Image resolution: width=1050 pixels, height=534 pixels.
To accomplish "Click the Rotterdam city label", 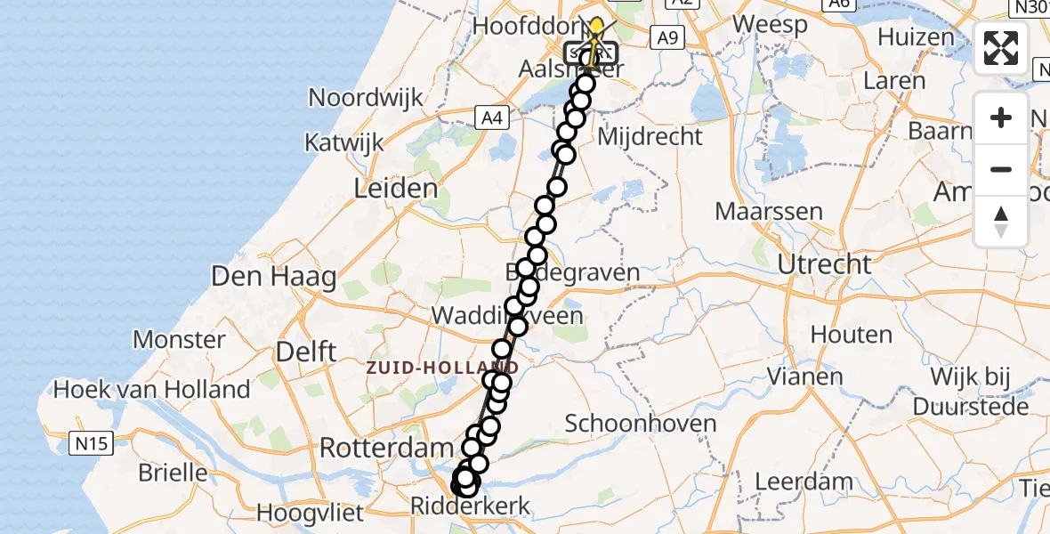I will pos(383,447).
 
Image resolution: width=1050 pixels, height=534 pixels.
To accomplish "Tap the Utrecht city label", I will pos(824,263).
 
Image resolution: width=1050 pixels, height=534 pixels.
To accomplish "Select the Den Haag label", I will pos(273,277).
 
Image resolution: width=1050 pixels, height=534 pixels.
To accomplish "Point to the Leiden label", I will pos(396,188).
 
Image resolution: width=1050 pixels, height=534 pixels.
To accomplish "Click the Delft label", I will pos(305,351).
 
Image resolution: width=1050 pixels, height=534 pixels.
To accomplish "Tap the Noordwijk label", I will pos(366,97).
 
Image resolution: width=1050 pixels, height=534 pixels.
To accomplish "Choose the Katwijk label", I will pos(343,142).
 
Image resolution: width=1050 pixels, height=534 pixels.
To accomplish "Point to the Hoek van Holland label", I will pos(151,389).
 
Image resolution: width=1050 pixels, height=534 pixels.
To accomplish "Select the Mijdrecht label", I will pos(650,136).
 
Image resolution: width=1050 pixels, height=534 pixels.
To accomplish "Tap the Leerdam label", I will pos(804,481).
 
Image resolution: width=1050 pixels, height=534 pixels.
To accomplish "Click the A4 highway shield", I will pos(490,117).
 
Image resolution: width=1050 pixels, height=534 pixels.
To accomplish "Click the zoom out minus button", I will pos(1001,169).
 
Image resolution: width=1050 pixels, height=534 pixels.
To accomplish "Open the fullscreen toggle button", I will pos(1001,48).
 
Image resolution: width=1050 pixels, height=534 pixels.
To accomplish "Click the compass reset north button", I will pos(1001,221).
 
